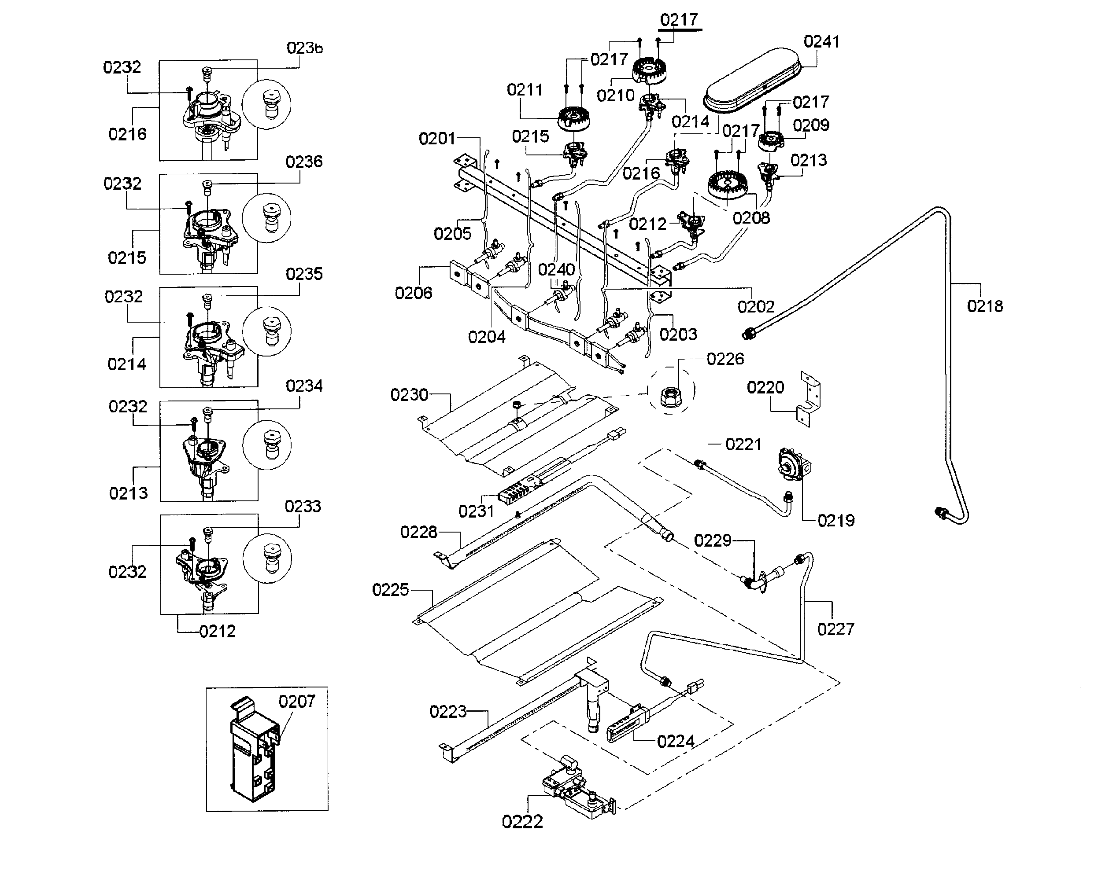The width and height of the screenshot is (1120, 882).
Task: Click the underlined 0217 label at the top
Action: [679, 20]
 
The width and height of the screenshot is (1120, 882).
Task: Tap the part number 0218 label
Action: [985, 306]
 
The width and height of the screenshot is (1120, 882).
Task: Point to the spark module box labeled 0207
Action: [254, 749]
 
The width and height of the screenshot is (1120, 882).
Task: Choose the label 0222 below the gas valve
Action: [522, 822]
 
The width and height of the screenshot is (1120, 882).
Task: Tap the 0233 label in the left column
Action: [303, 506]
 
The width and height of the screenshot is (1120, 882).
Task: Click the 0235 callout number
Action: [304, 274]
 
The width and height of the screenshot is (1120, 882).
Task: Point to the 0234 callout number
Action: [304, 386]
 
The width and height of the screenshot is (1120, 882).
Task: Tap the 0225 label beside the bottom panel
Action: [391, 589]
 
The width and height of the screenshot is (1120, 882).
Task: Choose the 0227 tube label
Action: [836, 629]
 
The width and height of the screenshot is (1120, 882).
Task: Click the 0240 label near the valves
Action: [556, 269]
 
